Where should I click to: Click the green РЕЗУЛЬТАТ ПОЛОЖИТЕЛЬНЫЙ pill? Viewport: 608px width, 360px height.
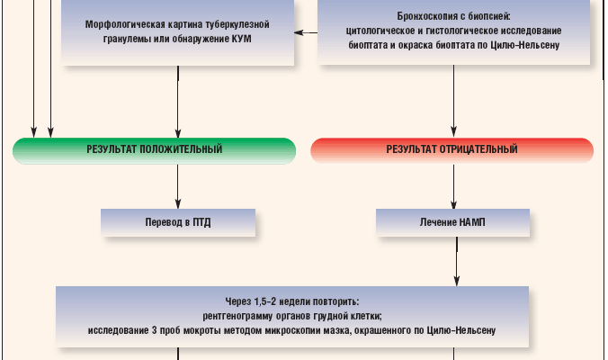pyautogui.click(x=154, y=149)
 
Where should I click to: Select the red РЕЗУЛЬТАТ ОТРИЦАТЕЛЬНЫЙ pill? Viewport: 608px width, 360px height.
pyautogui.click(x=452, y=149)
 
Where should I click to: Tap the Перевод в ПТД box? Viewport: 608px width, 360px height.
pyautogui.click(x=178, y=220)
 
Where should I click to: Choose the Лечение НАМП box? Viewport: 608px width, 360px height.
pyautogui.click(x=452, y=220)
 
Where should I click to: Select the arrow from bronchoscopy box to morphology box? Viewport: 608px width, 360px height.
pyautogui.click(x=307, y=33)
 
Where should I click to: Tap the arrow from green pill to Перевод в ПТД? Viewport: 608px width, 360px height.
pyautogui.click(x=178, y=186)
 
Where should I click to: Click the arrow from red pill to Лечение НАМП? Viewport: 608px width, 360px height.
pyautogui.click(x=452, y=186)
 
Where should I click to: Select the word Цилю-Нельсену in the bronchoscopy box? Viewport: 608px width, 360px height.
pyautogui.click(x=528, y=44)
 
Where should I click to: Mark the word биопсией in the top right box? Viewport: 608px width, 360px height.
pyautogui.click(x=486, y=17)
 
